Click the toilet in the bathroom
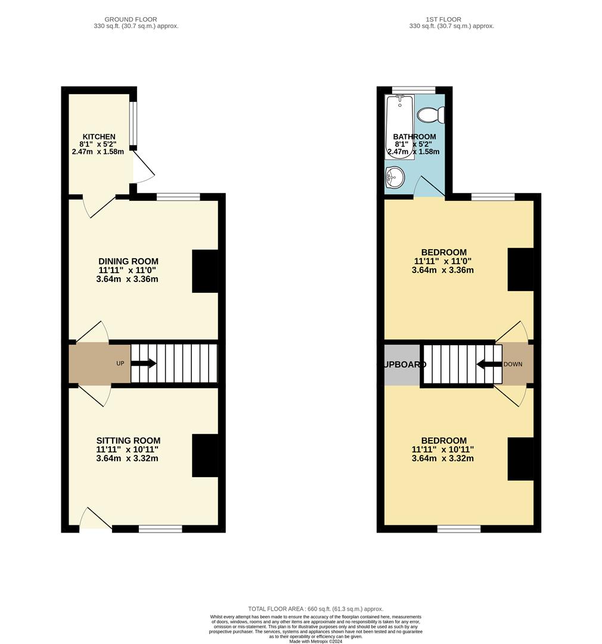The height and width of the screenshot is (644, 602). (x=430, y=114)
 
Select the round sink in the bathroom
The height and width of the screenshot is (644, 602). (x=395, y=177)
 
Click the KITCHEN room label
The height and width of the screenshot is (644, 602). (x=98, y=137)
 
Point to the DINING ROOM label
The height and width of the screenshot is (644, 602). (x=128, y=261)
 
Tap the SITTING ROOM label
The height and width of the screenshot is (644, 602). (x=128, y=441)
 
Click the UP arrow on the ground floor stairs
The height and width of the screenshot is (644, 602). (x=144, y=363)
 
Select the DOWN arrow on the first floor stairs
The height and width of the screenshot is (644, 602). (x=488, y=364)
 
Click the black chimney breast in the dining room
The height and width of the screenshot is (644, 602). (x=204, y=271)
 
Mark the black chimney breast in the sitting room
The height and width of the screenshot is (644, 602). (x=204, y=456)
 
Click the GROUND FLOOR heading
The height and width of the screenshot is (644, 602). (x=131, y=20)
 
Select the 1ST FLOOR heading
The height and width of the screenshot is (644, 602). (x=443, y=20)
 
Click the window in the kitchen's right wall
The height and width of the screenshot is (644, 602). (x=134, y=125)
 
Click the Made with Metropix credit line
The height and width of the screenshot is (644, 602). (x=315, y=641)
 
